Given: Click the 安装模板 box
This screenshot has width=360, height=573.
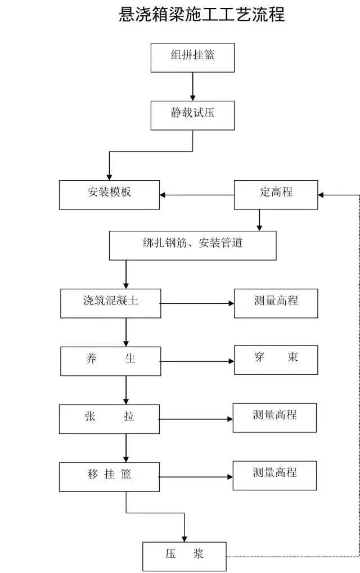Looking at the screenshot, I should [110, 195].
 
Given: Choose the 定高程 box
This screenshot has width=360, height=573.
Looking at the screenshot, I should [276, 195].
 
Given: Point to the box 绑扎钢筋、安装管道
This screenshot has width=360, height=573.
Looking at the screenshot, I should [192, 245].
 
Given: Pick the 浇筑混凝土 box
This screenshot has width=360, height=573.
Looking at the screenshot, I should [110, 303].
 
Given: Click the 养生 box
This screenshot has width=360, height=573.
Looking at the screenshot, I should [110, 360].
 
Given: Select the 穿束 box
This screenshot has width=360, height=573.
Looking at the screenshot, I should [276, 360].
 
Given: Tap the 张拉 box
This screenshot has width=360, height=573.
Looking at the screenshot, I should [109, 419].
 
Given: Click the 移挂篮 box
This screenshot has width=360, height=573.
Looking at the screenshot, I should [109, 476].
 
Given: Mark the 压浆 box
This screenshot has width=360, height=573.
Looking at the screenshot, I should [184, 556].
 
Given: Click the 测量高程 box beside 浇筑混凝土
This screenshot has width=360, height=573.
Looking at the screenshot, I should [276, 303].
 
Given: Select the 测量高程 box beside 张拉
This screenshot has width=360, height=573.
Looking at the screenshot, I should [274, 418].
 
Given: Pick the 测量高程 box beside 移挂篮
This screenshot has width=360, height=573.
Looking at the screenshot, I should [274, 475].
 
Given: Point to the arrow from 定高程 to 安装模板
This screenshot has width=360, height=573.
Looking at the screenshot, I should [197, 195].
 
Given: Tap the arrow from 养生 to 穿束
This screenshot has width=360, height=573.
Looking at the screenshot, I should [197, 361].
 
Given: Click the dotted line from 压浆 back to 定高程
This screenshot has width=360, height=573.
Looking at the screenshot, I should [358, 394].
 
